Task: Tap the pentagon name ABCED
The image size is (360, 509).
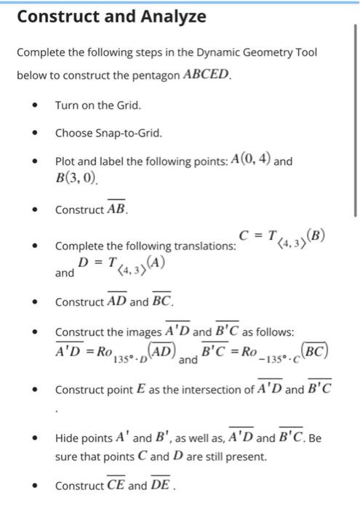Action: pos(207,75)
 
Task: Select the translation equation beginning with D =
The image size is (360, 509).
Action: pos(116,266)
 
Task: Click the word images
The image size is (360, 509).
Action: pos(145,332)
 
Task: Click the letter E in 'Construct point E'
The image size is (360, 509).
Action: pos(136,390)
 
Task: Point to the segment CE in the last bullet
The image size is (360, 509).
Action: pos(116,485)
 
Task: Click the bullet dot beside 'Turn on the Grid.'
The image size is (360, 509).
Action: pos(33,106)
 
